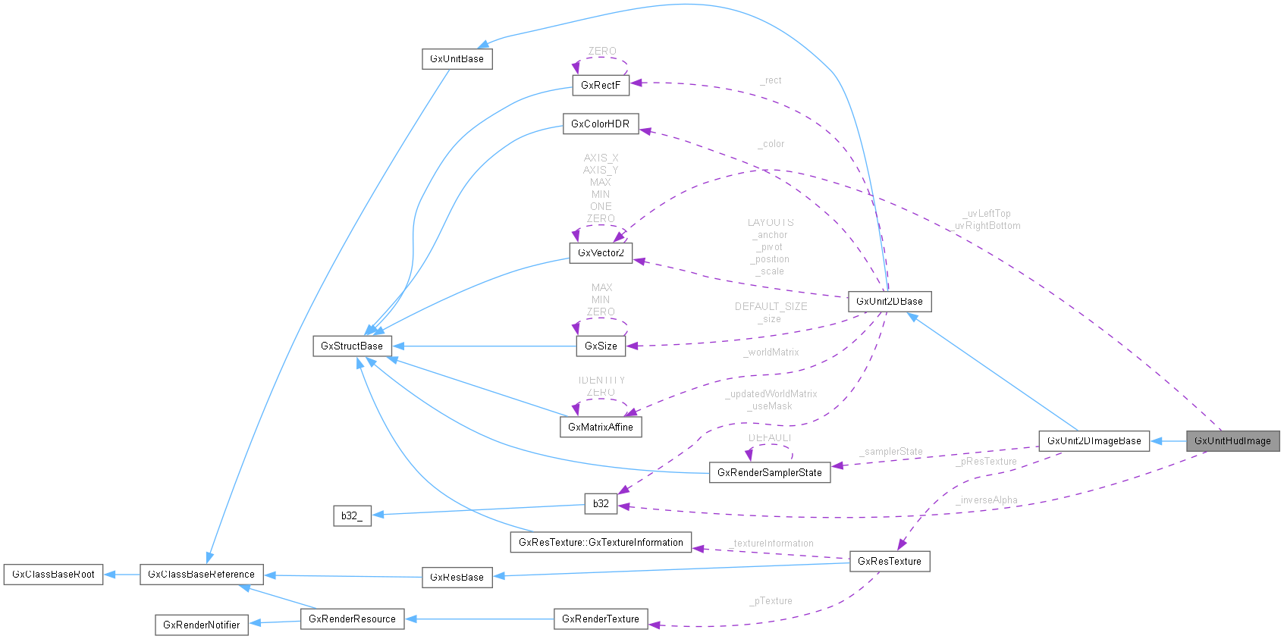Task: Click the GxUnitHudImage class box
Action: [x=1232, y=440]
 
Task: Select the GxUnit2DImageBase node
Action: [x=1094, y=440]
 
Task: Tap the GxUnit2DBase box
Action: [x=889, y=301]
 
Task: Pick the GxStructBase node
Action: [x=352, y=346]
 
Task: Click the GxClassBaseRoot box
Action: [x=53, y=574]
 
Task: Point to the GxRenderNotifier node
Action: [x=202, y=625]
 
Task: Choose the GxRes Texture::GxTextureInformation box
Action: [x=601, y=542]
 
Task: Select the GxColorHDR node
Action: [x=600, y=124]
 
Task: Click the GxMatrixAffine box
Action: [x=601, y=427]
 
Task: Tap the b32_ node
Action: [x=352, y=515]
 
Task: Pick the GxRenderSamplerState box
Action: [x=769, y=472]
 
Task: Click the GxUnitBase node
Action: [x=457, y=58]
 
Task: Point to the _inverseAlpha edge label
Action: [x=987, y=500]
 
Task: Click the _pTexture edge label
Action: [x=771, y=601]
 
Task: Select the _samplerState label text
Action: [x=892, y=452]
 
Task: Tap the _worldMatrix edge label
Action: [x=771, y=352]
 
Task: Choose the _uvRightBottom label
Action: [x=987, y=226]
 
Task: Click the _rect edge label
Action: [x=772, y=80]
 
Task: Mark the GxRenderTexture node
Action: [x=601, y=619]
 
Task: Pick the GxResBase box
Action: [x=457, y=577]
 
